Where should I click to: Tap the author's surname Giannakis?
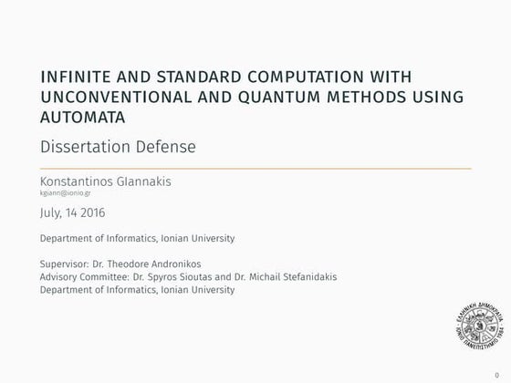(148, 181)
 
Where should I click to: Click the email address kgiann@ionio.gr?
(65, 193)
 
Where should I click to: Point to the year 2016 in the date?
(90, 212)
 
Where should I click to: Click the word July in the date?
(52, 212)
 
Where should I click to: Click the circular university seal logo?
(477, 325)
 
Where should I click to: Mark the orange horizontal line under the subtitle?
(255, 169)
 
